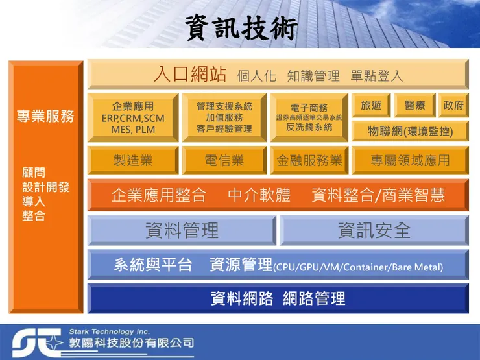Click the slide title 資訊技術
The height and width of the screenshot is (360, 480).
pos(241,27)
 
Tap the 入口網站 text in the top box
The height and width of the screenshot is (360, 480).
pos(190,74)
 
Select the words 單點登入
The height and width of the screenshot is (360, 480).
pos(376,76)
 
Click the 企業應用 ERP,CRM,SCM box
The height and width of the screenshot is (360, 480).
pos(133,117)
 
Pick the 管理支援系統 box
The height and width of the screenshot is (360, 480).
pos(224,117)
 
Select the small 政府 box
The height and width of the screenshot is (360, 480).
pos(453,105)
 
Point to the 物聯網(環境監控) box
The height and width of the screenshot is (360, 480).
pos(410,131)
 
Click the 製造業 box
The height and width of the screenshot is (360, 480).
pos(133,160)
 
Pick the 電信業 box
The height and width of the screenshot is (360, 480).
pos(224,160)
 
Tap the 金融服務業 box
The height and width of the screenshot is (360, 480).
pos(309,160)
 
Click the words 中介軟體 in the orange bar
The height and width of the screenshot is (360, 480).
pos(259,195)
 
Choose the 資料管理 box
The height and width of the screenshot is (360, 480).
pos(182,230)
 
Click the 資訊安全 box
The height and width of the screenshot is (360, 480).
pos(374,230)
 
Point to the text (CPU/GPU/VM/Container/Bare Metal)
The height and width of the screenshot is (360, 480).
pos(358,267)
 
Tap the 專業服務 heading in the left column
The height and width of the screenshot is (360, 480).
pos(45,117)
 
